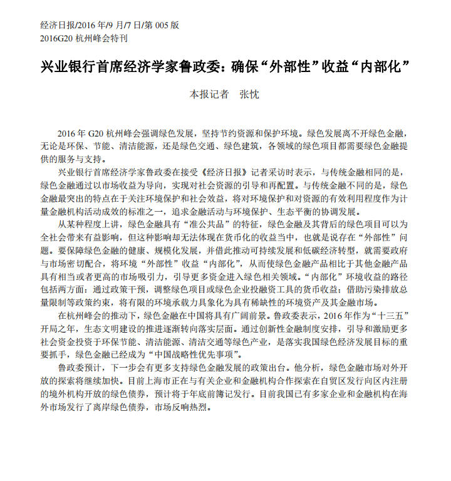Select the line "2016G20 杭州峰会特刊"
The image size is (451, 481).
84,38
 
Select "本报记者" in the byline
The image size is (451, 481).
209,95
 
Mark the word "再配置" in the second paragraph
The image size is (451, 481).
279,185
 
